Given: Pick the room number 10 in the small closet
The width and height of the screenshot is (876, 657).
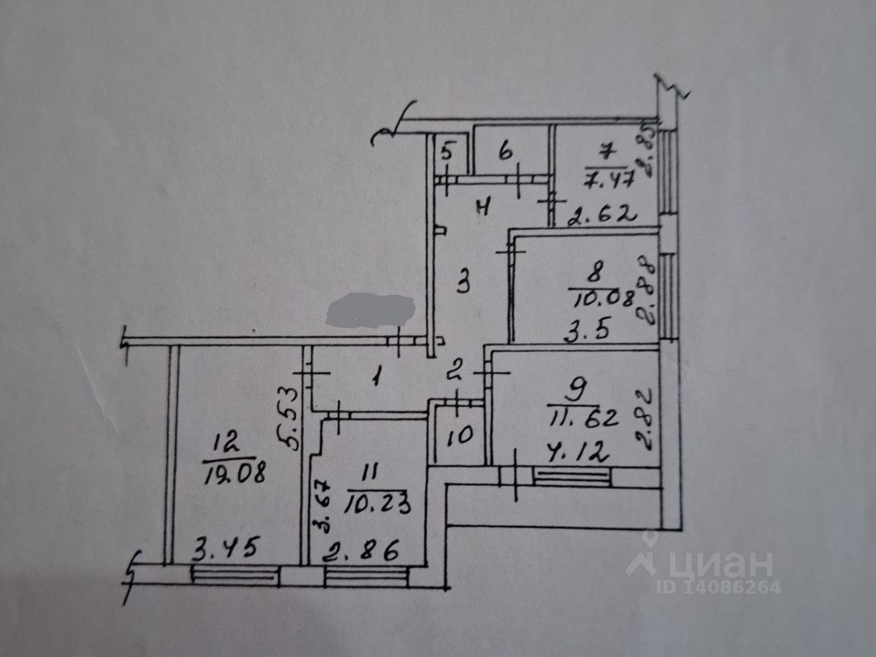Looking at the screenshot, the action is pos(460,436).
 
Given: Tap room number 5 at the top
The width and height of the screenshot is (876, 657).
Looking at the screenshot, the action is pos(447,153).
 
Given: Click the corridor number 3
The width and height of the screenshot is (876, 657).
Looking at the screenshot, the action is pos(463,282).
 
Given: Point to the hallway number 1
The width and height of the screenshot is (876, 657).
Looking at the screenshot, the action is pos(377,377).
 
